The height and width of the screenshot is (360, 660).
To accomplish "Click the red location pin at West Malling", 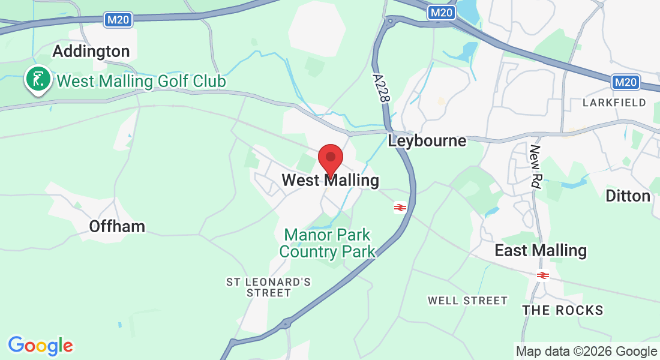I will pyautogui.click(x=330, y=159).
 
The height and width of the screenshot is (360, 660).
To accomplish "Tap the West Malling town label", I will pyautogui.click(x=330, y=180).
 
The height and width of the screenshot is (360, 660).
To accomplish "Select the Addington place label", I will pyautogui.click(x=91, y=52).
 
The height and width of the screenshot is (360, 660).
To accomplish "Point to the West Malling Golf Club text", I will pyautogui.click(x=141, y=80).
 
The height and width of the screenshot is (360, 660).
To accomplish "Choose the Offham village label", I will pyautogui.click(x=117, y=226).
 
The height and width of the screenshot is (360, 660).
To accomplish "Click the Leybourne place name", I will pyautogui.click(x=427, y=141).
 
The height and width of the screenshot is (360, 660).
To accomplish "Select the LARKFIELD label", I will pyautogui.click(x=614, y=103).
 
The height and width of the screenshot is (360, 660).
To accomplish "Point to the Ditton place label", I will pyautogui.click(x=628, y=196).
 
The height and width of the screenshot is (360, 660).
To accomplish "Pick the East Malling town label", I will pyautogui.click(x=540, y=250).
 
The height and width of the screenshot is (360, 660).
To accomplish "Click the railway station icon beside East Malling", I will pyautogui.click(x=543, y=275).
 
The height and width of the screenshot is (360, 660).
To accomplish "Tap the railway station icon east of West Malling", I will pyautogui.click(x=400, y=208).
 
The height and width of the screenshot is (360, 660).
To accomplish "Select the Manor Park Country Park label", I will pyautogui.click(x=328, y=243).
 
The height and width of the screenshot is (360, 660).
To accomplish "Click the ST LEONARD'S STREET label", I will pyautogui.click(x=268, y=287).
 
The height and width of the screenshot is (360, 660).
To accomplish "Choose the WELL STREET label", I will pyautogui.click(x=467, y=300).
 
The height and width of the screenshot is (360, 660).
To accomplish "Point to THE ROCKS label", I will pyautogui.click(x=562, y=310).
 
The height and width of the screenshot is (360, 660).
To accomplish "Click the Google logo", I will pyautogui.click(x=40, y=346).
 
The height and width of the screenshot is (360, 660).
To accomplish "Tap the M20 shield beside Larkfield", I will pyautogui.click(x=626, y=82).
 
